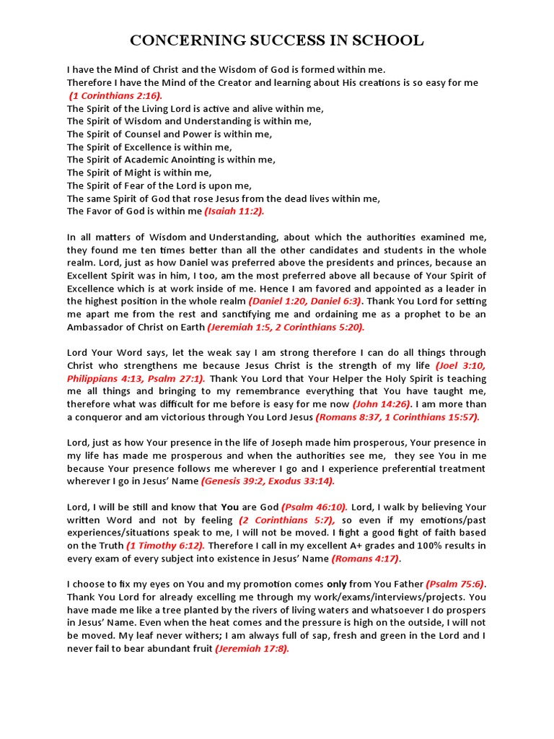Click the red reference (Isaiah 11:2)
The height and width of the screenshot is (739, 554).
pos(234,211)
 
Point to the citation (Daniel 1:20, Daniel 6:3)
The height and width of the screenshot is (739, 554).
pos(305,301)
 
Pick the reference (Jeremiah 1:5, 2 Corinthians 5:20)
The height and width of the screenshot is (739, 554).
pos(286,327)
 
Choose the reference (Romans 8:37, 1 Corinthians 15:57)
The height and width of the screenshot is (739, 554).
pos(397,417)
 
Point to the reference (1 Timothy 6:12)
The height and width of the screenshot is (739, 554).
pos(165,546)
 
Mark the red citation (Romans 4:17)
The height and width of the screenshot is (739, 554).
pos(365,559)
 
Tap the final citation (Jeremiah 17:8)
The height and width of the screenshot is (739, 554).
pos(252,649)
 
